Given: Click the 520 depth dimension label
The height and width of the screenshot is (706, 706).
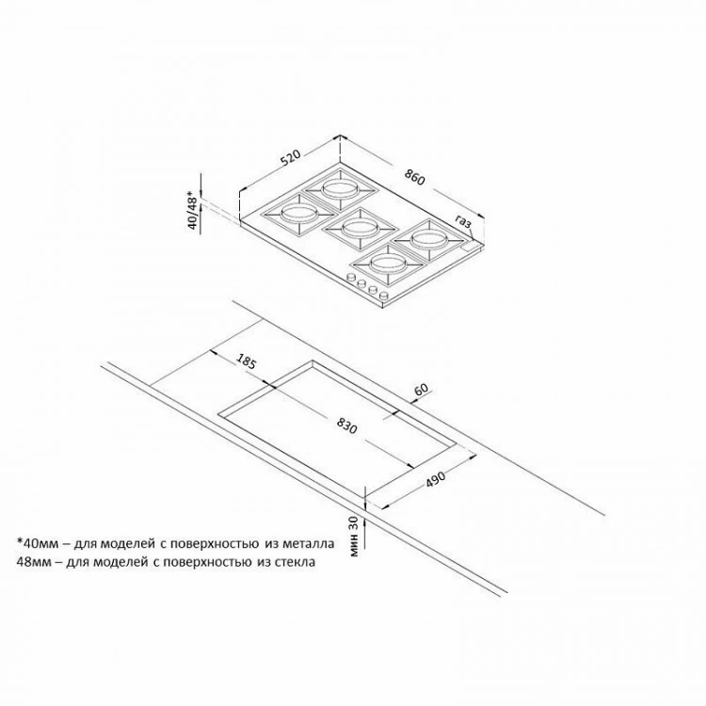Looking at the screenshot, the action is point(290,159).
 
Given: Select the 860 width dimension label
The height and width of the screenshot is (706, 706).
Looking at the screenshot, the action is point(414,177).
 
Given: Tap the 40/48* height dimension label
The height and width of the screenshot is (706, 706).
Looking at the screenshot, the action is point(193,210).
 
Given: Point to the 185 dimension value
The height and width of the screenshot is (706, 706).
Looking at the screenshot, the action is point(247,362).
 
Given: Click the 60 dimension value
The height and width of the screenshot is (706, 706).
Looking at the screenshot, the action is point(421,390).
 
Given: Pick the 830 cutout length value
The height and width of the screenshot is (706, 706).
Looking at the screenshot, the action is point(346,425).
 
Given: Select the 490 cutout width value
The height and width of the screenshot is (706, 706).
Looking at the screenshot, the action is point(435,479).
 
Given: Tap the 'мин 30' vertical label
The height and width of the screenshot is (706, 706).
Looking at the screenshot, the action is point(354,537).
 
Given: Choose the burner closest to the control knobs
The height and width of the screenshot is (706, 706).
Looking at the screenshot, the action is point(389,264).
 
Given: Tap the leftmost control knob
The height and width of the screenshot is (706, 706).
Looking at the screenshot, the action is point(350,279).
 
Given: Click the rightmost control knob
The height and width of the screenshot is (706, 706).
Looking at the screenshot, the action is point(384,296).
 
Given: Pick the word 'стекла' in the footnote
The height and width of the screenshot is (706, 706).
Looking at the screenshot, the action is point(293,562).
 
